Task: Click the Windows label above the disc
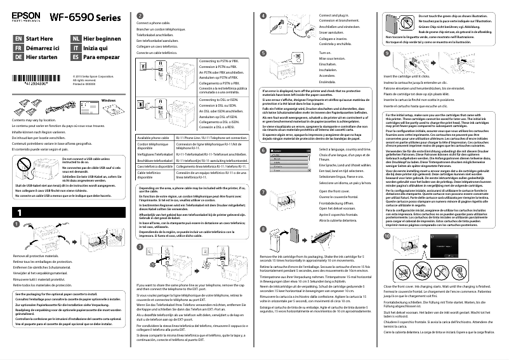109,100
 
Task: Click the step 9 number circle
387,53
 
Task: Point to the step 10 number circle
387,252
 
